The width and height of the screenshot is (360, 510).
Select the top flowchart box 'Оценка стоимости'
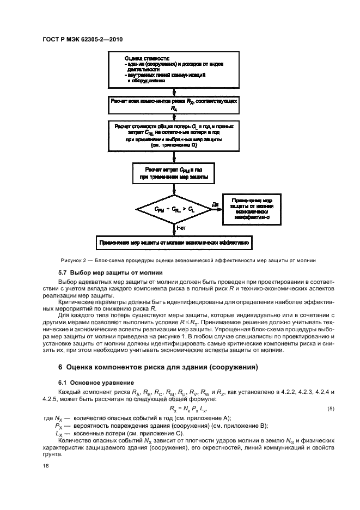[174, 69]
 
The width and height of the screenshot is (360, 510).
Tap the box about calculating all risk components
[174, 105]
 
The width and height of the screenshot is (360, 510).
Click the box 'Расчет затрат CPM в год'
[174, 174]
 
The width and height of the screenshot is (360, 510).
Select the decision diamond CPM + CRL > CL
[173, 209]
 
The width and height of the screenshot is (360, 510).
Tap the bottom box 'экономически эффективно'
[174, 241]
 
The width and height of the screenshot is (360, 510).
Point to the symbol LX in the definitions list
[59, 433]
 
